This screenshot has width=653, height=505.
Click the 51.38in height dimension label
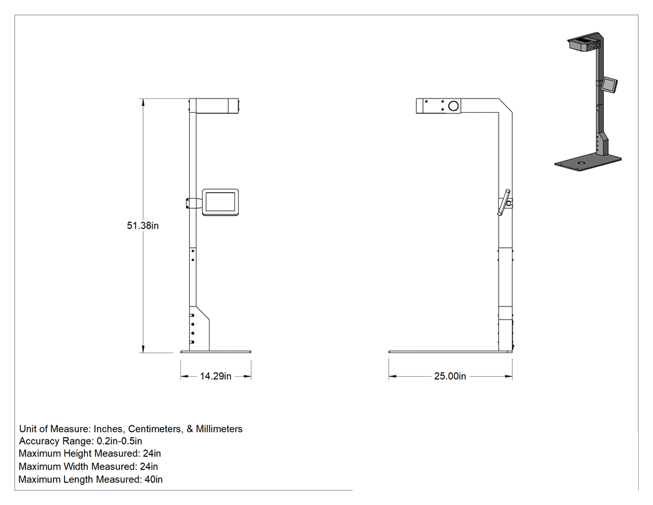[143, 225]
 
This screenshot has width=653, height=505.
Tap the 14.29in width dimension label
[216, 376]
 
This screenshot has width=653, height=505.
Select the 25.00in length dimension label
[450, 376]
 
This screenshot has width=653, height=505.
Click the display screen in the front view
[220, 202]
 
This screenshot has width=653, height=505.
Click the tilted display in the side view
[504, 202]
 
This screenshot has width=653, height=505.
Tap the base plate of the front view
[216, 352]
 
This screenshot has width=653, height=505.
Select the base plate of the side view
[450, 352]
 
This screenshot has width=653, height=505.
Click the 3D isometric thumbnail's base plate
[588, 162]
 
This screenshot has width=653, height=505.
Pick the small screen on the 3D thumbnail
[609, 85]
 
